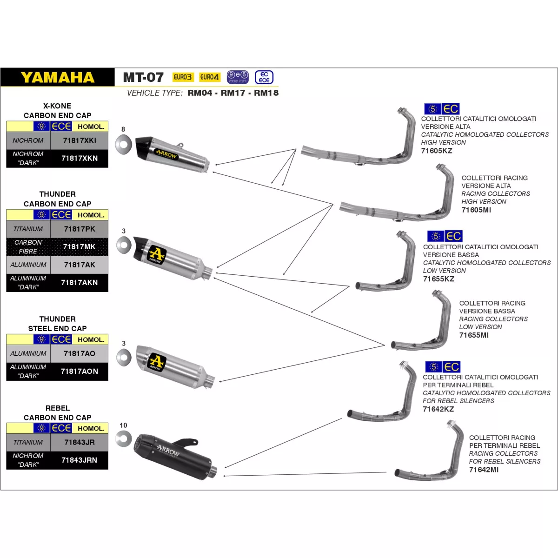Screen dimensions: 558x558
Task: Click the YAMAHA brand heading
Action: pos(58,77)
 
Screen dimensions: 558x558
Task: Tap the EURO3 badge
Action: pos(182,77)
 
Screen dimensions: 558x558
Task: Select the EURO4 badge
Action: pos(209,77)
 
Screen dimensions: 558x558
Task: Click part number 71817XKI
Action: pos(80,140)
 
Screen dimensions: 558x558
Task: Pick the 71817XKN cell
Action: pos(80,158)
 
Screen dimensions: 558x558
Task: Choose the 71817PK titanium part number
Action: pos(80,229)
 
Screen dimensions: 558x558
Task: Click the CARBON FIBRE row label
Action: pos(28,247)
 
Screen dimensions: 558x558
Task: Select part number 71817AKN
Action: pos(80,282)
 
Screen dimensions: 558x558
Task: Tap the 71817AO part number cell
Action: pos(80,353)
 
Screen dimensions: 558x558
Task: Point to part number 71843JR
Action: pos(80,442)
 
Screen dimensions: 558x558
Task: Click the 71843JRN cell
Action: pos(80,460)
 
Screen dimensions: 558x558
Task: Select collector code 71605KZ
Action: pos(437,151)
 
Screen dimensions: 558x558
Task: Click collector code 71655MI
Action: pos(474,335)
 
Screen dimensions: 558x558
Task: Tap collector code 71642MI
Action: pos(484,470)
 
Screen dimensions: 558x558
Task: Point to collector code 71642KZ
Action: pos(438,409)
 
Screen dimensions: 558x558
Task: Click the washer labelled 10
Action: pos(124,438)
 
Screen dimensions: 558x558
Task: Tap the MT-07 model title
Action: pos(143,77)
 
